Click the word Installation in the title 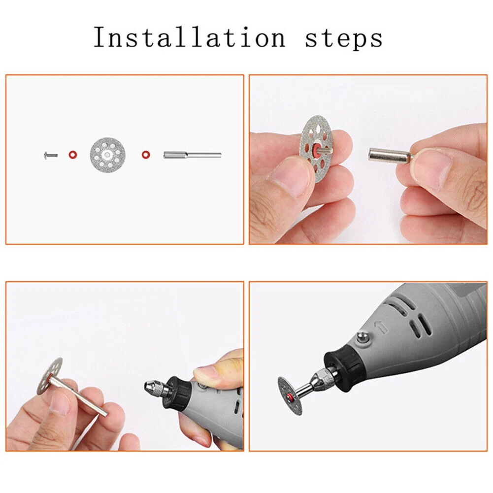[x=190, y=38]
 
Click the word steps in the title [x=344, y=39]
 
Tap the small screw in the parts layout [x=51, y=155]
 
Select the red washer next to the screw [x=73, y=155]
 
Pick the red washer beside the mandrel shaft [x=146, y=155]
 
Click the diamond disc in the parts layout [x=108, y=155]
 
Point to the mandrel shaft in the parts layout [x=192, y=155]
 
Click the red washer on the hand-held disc [x=316, y=149]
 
